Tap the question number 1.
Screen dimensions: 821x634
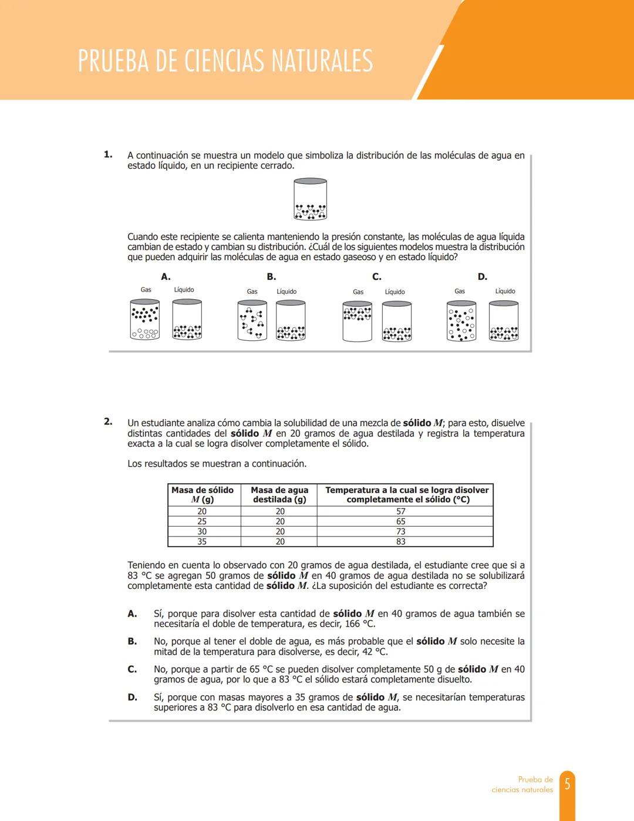coord(108,155)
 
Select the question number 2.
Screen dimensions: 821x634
coord(108,421)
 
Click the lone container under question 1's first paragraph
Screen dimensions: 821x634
coord(310,200)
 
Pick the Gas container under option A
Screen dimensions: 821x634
coord(144,320)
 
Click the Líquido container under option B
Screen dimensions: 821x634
coord(291,321)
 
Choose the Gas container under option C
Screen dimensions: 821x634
coord(357,321)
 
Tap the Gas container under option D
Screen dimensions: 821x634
coord(461,321)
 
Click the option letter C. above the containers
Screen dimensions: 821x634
coord(376,277)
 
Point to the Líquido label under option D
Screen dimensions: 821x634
coord(505,291)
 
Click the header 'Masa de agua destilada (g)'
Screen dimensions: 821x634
coord(279,495)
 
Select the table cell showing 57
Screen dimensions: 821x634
coord(401,511)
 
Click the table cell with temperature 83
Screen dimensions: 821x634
coord(401,542)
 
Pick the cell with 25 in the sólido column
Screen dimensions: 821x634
coord(202,521)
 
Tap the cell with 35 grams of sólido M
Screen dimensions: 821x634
coord(202,542)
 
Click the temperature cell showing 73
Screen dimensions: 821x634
coord(401,531)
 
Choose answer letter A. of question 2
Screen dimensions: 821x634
coord(133,614)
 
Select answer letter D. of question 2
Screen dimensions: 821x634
coord(133,698)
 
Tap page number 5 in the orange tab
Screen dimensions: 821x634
coord(567,784)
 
